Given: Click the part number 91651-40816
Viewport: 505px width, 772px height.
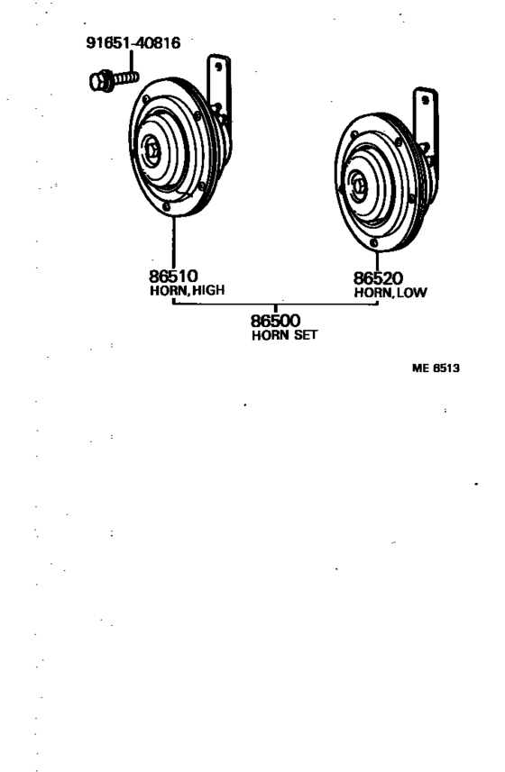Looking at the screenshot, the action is [x=133, y=43].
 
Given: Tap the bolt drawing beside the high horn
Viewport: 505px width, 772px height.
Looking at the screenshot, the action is [x=115, y=80].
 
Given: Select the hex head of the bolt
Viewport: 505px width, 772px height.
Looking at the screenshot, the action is [x=102, y=81].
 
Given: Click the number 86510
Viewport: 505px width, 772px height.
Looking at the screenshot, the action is [x=173, y=276].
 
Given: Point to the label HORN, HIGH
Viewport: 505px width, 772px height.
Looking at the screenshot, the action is [x=188, y=290].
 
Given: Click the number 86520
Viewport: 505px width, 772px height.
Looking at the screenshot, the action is [x=378, y=278].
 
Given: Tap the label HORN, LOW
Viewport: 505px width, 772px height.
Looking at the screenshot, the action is [x=390, y=293].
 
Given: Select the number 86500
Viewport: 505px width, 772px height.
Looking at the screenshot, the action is [x=275, y=321].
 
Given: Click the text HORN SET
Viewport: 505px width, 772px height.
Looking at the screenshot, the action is [x=285, y=335].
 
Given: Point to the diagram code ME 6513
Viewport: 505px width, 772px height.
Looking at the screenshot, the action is [x=436, y=368].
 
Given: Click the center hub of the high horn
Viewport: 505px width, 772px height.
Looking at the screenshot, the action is [x=151, y=150].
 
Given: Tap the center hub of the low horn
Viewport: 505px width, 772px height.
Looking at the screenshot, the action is [x=358, y=186].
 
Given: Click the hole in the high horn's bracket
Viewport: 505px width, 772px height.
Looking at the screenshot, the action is [x=218, y=67].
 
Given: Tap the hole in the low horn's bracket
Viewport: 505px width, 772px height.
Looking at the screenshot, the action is [x=425, y=100].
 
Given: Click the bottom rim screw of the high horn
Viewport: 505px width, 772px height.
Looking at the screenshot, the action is [x=167, y=207].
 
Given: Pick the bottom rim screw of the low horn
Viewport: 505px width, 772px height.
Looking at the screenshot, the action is [x=374, y=242].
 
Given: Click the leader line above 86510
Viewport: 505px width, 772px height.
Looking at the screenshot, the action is [x=173, y=242].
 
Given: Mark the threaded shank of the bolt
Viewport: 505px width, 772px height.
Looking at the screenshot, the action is [x=126, y=77].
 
